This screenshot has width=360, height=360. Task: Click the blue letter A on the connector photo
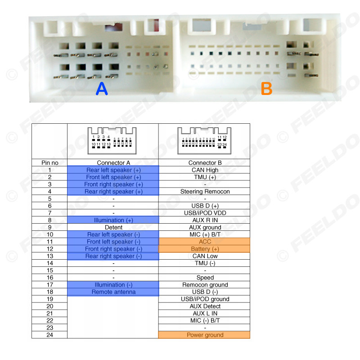click(102, 89)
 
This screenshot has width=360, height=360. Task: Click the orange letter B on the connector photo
click(267, 89)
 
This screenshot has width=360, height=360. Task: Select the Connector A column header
click(113, 163)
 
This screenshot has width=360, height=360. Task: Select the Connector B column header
click(205, 163)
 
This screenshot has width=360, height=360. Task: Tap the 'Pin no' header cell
click(49, 163)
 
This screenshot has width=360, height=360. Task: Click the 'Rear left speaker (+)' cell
click(113, 170)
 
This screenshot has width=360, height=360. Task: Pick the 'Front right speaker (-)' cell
click(113, 249)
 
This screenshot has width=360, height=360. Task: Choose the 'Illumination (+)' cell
click(113, 220)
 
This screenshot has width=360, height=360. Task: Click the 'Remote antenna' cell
click(113, 292)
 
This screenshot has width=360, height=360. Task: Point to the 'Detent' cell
click(113, 227)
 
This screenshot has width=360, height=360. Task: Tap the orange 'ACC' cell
click(205, 242)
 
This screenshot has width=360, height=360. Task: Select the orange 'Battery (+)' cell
click(205, 249)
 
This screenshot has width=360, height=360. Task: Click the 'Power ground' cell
click(205, 335)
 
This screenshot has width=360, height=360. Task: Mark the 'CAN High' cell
click(205, 170)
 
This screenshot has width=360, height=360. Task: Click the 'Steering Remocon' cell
click(205, 191)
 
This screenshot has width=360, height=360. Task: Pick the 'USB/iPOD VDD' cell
click(205, 213)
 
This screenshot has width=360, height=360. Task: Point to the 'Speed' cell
click(205, 278)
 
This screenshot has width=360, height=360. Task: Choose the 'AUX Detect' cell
click(205, 306)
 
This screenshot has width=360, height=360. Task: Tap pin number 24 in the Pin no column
click(49, 335)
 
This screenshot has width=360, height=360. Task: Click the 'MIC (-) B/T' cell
click(205, 320)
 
